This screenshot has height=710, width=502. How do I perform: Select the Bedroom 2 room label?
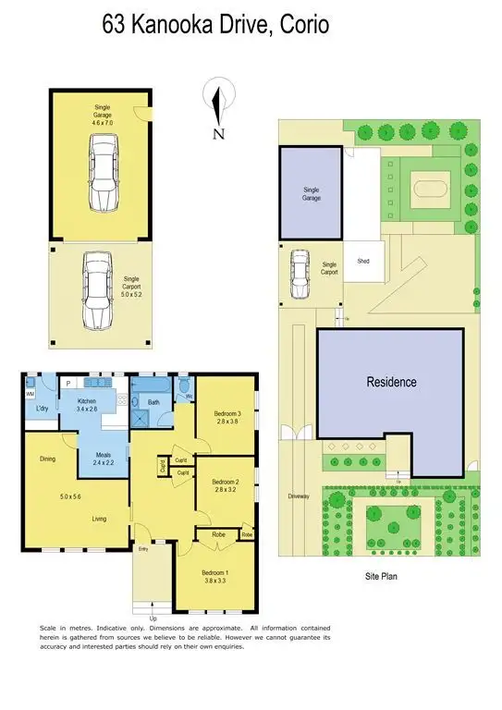coord(226,482)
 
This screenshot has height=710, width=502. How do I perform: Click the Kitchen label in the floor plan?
coord(73,399)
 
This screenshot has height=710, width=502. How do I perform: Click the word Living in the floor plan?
coord(100,519)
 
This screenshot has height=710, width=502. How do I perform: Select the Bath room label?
coord(153,402)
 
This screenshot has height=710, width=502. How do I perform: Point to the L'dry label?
coord(42,408)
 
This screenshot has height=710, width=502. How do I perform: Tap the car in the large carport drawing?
coord(97,291)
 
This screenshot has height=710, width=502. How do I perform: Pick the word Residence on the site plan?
coord(391,382)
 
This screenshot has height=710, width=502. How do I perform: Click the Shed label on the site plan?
coord(356,263)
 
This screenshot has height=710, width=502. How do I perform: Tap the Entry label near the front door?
coord(143,550)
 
